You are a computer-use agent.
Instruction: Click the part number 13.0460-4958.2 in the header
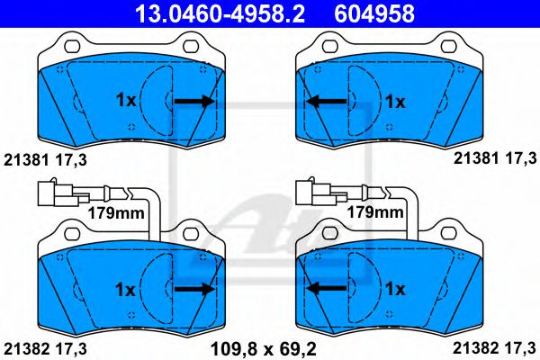coord(220,13)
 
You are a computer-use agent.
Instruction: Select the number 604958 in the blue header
coord(374,13)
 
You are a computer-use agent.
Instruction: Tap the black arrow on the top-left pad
coord(195,101)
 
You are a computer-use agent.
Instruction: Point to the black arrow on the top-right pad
coord(326,102)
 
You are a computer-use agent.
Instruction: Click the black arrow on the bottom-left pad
coord(195,289)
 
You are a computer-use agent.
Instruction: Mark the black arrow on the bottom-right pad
coord(326,288)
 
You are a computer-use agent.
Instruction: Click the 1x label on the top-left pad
coord(126,101)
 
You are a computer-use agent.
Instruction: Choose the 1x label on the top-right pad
coord(395,102)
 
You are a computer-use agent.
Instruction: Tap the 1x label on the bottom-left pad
coord(125,290)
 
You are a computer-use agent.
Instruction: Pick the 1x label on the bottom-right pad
coord(395,289)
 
